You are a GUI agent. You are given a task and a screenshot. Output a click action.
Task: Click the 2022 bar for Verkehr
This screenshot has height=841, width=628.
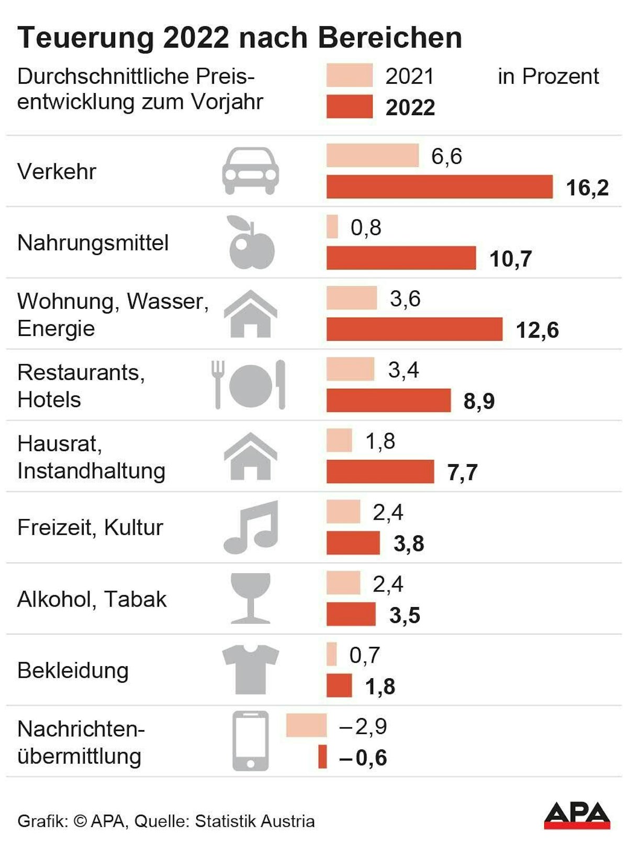click(x=440, y=187)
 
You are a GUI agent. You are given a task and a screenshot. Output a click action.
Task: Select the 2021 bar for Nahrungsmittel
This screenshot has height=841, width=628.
click(x=332, y=227)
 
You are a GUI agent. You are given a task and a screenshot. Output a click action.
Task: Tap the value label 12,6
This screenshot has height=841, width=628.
click(x=537, y=330)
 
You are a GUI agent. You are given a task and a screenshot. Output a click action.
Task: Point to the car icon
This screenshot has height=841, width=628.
click(x=251, y=171)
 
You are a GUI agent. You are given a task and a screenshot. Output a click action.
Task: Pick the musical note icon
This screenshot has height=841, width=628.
click(x=251, y=527)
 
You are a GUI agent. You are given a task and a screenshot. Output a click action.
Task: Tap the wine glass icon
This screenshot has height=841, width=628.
click(x=251, y=598)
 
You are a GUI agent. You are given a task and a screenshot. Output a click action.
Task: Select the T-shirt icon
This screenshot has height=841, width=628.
click(x=251, y=669)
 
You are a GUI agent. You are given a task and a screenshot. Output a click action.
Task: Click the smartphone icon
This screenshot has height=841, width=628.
click(x=251, y=741)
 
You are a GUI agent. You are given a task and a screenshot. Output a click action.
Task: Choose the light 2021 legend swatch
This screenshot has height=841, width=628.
click(x=350, y=75)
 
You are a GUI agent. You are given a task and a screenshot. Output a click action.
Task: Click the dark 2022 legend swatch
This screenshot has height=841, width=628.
click(x=350, y=106)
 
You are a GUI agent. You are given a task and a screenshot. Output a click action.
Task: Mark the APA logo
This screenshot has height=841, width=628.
click(x=577, y=815)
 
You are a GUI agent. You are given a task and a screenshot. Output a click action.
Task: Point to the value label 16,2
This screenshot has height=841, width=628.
click(x=587, y=187)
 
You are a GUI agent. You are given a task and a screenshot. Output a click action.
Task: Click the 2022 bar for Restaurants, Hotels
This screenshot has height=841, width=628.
click(x=388, y=400)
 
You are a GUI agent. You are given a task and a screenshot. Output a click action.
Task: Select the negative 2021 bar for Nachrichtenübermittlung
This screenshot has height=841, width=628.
click(x=306, y=725)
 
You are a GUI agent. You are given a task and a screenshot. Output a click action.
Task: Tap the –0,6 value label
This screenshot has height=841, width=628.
click(x=363, y=757)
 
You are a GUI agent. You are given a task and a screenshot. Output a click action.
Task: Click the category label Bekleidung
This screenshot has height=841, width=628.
click(x=73, y=670)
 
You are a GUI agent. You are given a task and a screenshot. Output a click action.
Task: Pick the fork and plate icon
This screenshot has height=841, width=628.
click(x=249, y=385)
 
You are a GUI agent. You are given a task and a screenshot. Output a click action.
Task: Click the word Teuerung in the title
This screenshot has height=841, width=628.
click(x=86, y=38)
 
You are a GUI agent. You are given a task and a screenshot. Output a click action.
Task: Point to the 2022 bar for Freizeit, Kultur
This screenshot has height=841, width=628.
click(x=353, y=543)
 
